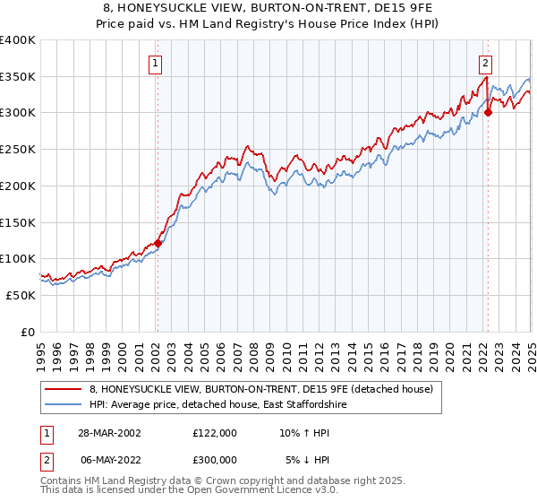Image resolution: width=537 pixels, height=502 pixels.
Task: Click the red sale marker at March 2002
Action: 158,243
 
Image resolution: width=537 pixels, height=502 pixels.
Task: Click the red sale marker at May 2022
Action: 488,113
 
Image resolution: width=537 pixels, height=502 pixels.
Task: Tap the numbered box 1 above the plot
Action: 156,63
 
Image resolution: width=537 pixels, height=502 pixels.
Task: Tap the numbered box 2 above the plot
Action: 484,63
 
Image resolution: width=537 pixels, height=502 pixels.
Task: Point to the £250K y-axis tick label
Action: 17,149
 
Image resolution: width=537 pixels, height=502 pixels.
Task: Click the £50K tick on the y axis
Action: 21,295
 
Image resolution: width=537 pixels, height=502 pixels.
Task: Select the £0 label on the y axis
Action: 28,332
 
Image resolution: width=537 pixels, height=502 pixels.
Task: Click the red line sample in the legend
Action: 64,389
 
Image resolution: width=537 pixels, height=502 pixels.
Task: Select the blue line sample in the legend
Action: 64,405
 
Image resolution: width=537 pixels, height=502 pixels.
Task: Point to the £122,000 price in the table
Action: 214,432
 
